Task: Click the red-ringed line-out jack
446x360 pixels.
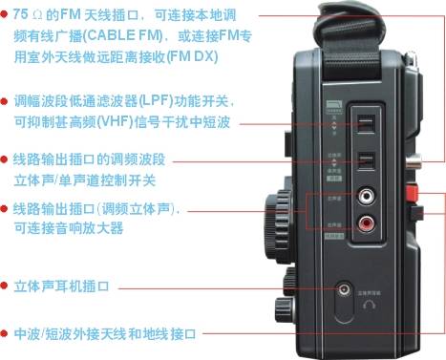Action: pos(366,225)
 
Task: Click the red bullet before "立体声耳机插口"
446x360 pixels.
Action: pos(6,285)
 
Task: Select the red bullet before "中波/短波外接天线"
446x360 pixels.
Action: pos(6,333)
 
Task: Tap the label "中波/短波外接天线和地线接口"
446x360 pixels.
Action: pos(105,333)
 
